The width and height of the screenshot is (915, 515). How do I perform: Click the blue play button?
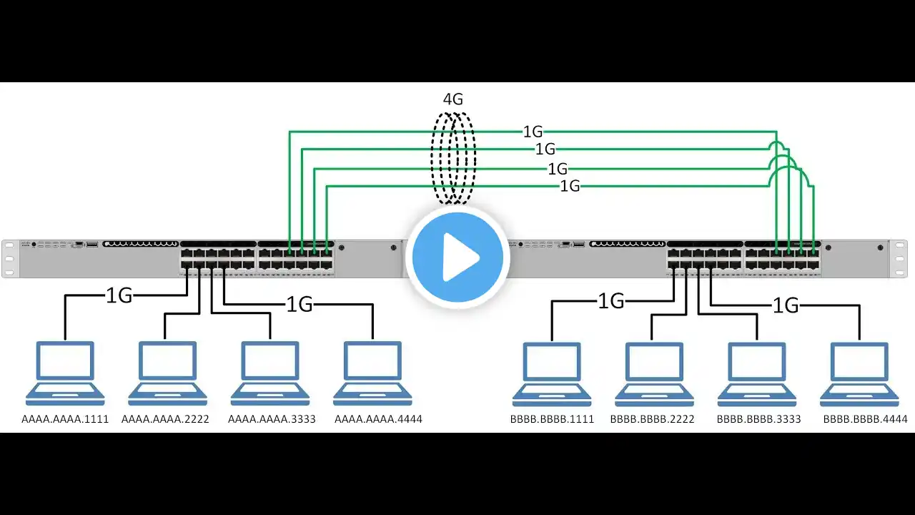457,257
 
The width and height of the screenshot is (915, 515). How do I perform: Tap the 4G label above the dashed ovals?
452,99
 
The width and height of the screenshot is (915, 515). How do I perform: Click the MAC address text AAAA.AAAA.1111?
65,419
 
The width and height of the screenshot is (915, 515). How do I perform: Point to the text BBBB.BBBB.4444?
865,419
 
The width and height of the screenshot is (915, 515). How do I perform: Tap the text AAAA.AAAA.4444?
378,419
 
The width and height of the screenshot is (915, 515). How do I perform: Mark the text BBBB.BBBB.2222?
652,419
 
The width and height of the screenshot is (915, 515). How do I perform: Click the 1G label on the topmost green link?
533,132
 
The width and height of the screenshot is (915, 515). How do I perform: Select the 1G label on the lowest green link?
570,187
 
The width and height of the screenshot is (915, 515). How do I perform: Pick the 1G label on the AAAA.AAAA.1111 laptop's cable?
119,295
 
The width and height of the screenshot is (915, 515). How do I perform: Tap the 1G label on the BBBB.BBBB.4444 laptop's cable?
786,305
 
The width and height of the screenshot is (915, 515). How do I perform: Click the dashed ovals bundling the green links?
453,157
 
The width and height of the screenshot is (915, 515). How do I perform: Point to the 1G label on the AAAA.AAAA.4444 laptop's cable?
300,305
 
